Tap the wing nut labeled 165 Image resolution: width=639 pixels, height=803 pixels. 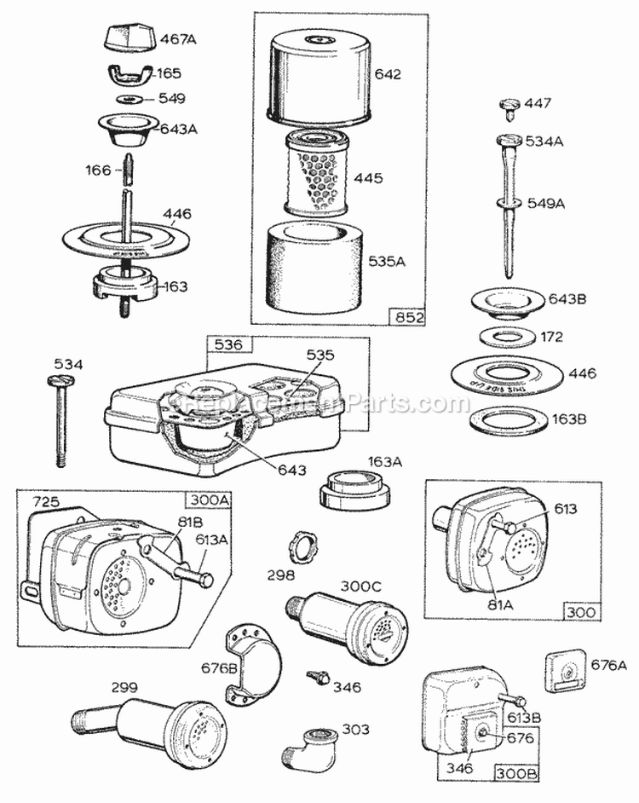(x=130, y=75)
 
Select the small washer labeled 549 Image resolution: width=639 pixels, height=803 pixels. (x=130, y=100)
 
